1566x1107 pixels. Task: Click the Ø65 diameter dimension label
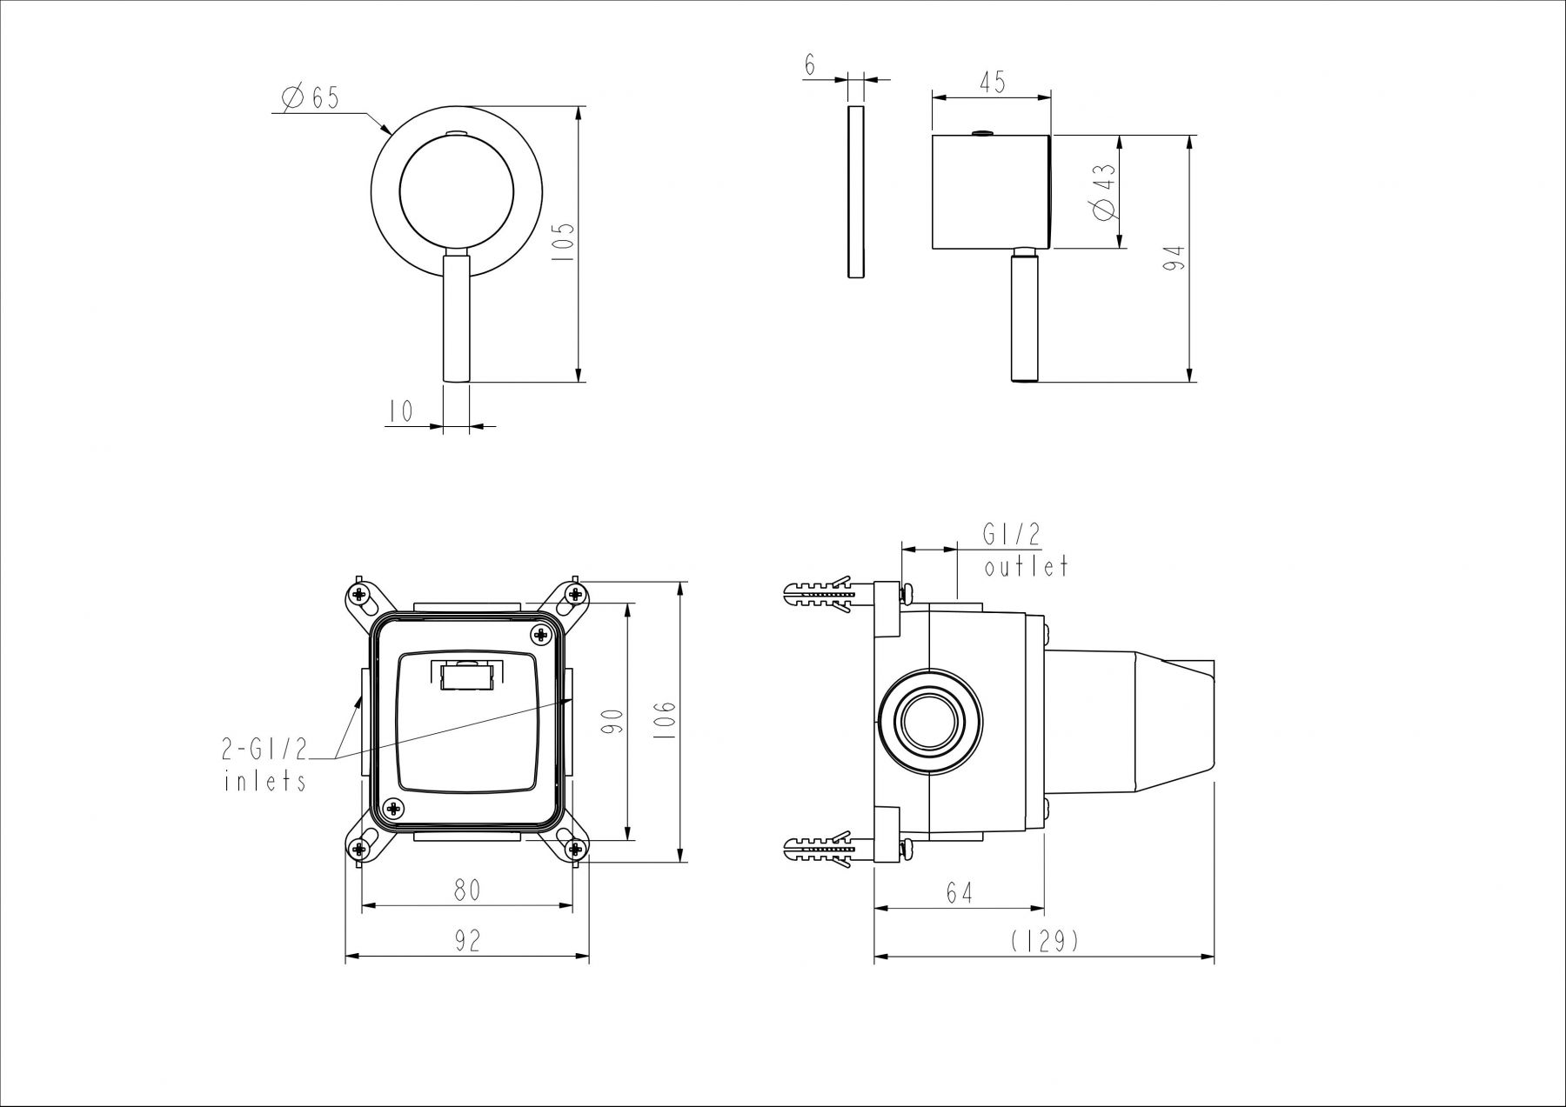pyautogui.click(x=310, y=97)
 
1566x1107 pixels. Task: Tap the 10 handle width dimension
pyautogui.click(x=401, y=411)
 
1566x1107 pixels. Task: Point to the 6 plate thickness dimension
pyautogui.click(x=810, y=65)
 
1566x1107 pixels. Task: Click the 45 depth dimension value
pyautogui.click(x=992, y=82)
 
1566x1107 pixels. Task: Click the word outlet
pyautogui.click(x=1026, y=567)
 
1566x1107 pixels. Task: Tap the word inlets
pyautogui.click(x=265, y=780)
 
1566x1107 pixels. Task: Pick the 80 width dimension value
pyautogui.click(x=467, y=890)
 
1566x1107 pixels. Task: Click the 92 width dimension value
pyautogui.click(x=467, y=940)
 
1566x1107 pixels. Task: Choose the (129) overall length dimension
pyautogui.click(x=1045, y=941)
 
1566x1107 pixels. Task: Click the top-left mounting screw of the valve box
pyautogui.click(x=359, y=595)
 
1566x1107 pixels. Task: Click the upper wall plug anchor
pyautogui.click(x=819, y=595)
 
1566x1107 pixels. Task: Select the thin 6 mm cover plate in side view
pyautogui.click(x=855, y=192)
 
